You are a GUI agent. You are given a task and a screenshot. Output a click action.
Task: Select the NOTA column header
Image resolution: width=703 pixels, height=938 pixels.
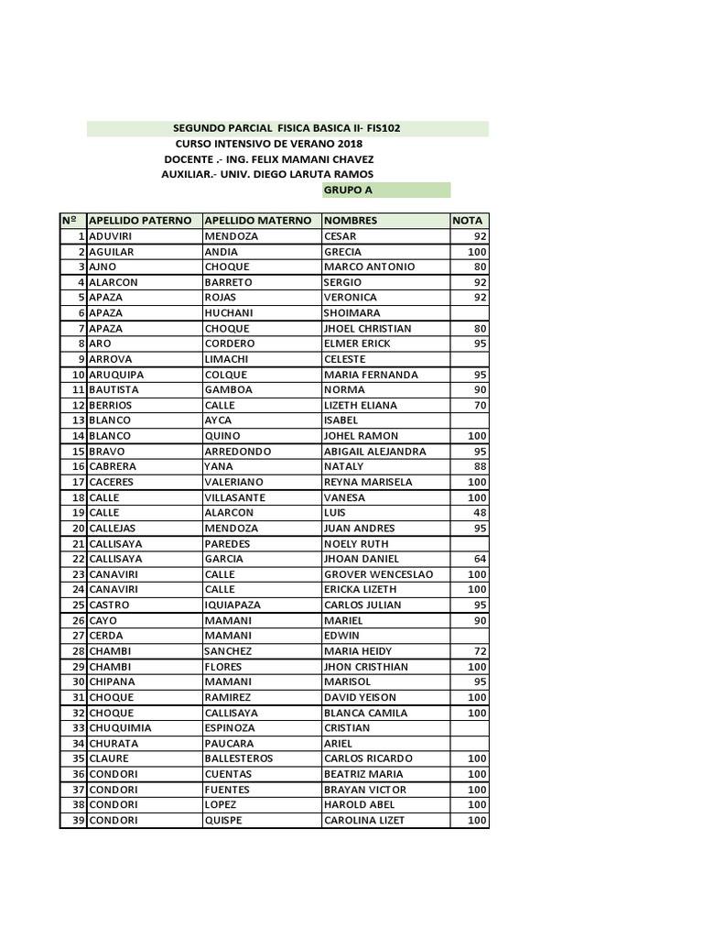coord(468,221)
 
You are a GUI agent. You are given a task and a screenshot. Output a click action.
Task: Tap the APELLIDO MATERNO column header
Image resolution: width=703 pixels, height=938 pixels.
coord(258,221)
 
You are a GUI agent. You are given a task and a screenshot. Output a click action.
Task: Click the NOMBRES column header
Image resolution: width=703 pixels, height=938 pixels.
coord(351,221)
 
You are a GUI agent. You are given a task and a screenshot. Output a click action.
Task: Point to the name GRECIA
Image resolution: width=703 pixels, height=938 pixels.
coord(343,251)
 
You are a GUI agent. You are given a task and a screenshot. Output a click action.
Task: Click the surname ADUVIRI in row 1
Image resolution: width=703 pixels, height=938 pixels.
coord(113,236)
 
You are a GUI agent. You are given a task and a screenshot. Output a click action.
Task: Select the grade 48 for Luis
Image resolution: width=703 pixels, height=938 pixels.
coord(479,513)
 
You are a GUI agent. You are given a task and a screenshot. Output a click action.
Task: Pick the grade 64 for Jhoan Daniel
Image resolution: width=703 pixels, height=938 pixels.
coord(479,559)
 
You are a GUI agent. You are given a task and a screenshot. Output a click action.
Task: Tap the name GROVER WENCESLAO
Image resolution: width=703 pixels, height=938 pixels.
coord(378,574)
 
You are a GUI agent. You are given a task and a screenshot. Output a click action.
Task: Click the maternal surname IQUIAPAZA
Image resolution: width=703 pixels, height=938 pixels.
coord(237,605)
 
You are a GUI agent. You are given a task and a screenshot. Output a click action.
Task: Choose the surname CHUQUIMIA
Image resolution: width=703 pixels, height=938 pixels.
coord(121,728)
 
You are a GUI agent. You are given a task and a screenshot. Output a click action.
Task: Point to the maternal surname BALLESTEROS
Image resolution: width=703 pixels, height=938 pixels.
coord(239,758)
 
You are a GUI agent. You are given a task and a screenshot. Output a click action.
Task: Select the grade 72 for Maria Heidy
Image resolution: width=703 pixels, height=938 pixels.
coord(479,651)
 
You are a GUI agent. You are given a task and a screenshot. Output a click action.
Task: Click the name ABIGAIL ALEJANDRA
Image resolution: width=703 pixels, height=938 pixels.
coord(375,452)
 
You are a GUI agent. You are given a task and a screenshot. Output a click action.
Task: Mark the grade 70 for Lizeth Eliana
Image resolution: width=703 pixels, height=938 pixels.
coord(479,405)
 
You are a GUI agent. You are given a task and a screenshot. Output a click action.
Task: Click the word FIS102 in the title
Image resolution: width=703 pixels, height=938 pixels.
coord(379,128)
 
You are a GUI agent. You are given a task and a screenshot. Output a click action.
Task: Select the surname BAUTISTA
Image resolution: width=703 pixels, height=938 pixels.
coord(114,390)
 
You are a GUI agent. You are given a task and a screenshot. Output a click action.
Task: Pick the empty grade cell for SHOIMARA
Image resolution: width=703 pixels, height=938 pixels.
coord(470,313)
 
